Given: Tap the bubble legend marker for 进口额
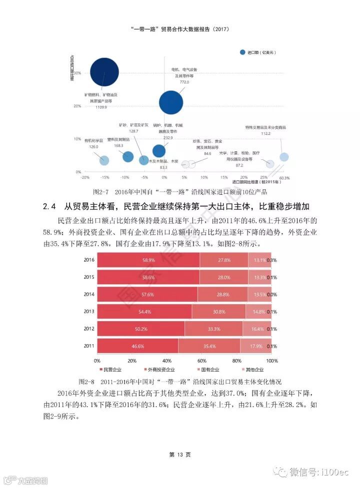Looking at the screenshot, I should coord(243,52).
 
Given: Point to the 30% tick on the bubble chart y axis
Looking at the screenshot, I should coord(77,73).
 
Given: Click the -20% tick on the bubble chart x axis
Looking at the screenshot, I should coord(85,178).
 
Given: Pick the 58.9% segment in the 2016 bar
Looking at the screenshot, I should coord(148,260).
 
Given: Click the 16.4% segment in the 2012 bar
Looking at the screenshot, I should coord(256,329).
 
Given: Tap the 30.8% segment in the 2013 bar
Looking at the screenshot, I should coord(218,312).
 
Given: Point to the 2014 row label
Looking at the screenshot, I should coord(89,295).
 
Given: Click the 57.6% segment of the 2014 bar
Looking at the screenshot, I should coord(147,295).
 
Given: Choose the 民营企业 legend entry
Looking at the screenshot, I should coord(110,370).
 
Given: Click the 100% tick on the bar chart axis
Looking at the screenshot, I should coord(272,361).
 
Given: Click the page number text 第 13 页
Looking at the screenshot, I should coord(180,455).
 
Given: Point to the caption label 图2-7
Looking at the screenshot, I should coord(102,192).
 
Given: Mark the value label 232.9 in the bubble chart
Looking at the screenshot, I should coord(167,138).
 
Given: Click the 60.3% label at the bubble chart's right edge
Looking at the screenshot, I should coord(284,178).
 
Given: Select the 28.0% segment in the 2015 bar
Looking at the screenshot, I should coord(223,277).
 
